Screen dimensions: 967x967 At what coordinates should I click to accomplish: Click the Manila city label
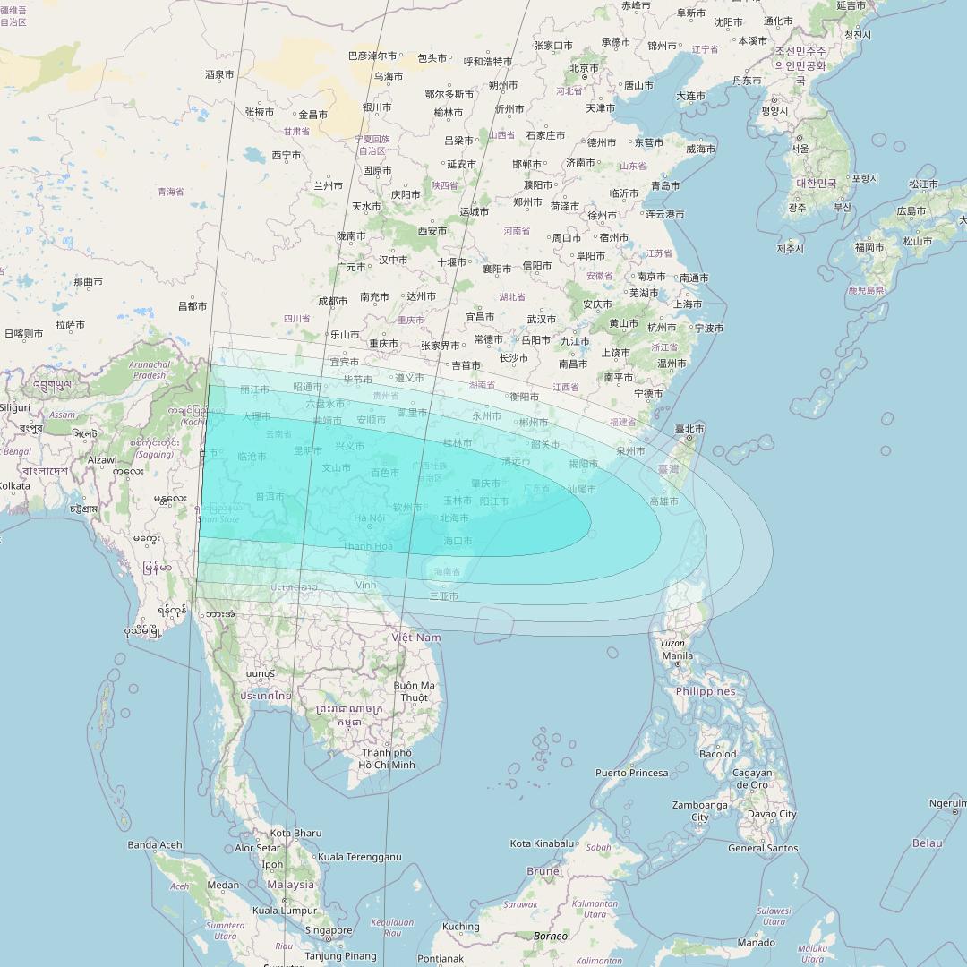(x=677, y=655)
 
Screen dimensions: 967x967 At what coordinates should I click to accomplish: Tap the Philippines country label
(x=705, y=691)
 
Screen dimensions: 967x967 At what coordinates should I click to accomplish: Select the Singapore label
(x=329, y=930)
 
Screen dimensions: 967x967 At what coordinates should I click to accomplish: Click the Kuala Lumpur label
(x=285, y=911)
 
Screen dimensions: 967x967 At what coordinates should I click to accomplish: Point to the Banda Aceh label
(x=155, y=844)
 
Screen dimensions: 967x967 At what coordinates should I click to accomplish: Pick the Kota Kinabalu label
(x=542, y=843)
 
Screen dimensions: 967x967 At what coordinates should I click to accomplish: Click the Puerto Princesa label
(x=632, y=773)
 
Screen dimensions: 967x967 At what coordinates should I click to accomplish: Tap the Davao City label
(x=771, y=814)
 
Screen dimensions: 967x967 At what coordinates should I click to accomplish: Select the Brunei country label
(x=544, y=870)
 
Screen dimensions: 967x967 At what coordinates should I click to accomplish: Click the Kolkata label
(x=13, y=486)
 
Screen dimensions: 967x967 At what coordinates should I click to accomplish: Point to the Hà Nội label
(x=369, y=518)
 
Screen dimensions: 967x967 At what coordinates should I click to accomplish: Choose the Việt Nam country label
(x=416, y=638)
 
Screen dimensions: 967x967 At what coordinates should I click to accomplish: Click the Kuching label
(x=461, y=927)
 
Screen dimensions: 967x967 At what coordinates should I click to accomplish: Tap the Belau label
(x=927, y=843)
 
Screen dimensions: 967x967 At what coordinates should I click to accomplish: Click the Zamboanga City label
(x=700, y=810)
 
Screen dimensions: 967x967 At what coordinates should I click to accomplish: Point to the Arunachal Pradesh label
(x=150, y=370)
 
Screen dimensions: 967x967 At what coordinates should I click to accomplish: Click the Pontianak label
(x=440, y=958)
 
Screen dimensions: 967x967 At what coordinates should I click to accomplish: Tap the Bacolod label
(x=717, y=754)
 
